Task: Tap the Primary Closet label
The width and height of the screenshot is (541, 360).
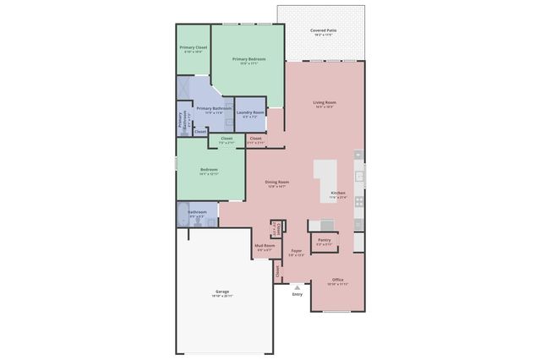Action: click(x=193, y=47)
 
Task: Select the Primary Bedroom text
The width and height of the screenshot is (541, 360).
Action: click(x=249, y=59)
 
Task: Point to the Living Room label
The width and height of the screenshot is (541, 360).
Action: click(x=325, y=102)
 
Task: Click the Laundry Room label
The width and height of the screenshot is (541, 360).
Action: click(x=250, y=112)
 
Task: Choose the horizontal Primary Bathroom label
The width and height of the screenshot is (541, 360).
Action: click(x=214, y=108)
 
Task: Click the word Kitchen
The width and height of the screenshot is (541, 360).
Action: click(x=338, y=194)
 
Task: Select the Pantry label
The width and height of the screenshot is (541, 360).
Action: click(x=324, y=239)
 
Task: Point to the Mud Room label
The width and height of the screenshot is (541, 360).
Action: click(x=265, y=246)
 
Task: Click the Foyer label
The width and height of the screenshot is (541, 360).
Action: click(x=297, y=250)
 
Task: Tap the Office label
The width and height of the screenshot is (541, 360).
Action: click(x=337, y=280)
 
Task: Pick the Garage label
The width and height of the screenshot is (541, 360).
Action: click(x=224, y=292)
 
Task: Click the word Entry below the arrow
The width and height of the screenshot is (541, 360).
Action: click(x=297, y=294)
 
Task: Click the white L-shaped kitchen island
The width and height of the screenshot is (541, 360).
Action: click(x=331, y=177)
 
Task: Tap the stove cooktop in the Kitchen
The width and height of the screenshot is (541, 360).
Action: click(x=359, y=201)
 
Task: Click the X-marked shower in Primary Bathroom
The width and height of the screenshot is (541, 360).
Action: click(x=184, y=88)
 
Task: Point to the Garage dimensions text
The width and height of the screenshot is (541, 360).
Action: click(x=224, y=297)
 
